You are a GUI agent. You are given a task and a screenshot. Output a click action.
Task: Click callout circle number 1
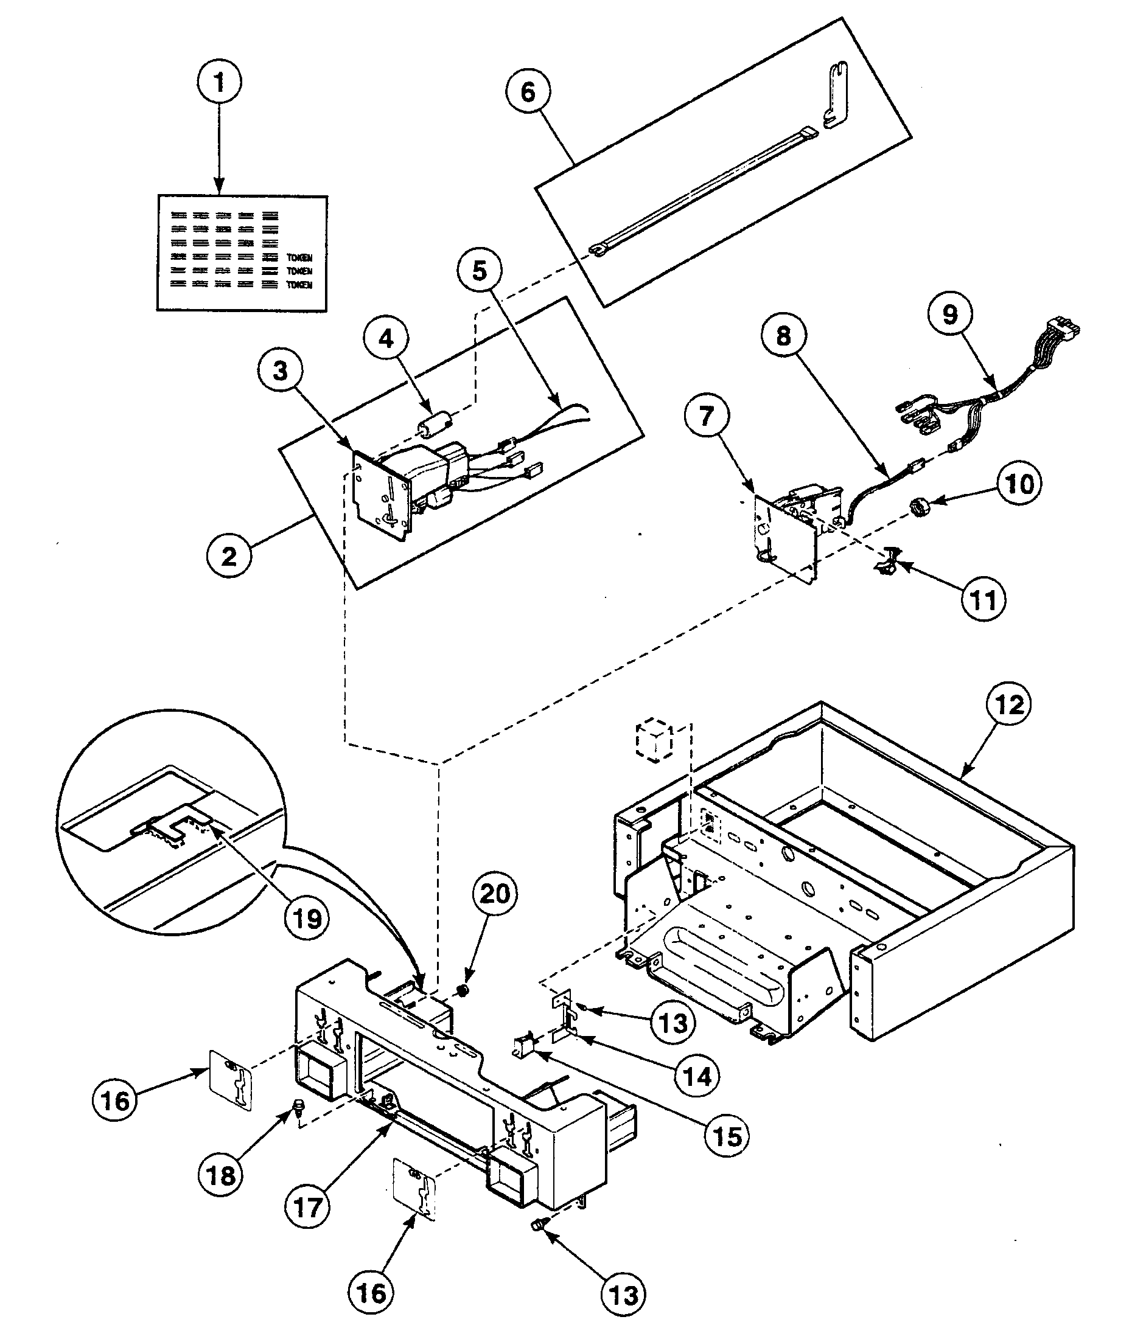pos(220,83)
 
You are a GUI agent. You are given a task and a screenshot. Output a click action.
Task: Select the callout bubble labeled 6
pos(528,92)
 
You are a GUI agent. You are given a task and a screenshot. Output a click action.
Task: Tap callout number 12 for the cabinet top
pos(1010,705)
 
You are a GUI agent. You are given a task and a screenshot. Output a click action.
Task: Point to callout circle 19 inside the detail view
pos(307,919)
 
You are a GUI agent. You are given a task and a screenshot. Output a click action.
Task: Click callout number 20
pos(495,894)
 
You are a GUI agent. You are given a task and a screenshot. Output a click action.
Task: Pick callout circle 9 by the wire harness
pos(950,315)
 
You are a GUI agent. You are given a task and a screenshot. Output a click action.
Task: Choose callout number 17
pos(307,1208)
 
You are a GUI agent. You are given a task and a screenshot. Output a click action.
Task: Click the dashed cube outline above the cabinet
pos(653,740)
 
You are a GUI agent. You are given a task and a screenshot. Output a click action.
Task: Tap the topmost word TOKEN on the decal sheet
pos(299,257)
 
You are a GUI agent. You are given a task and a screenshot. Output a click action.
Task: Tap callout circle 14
pos(697,1076)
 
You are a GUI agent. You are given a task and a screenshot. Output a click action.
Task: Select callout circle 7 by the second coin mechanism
pos(706,416)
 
